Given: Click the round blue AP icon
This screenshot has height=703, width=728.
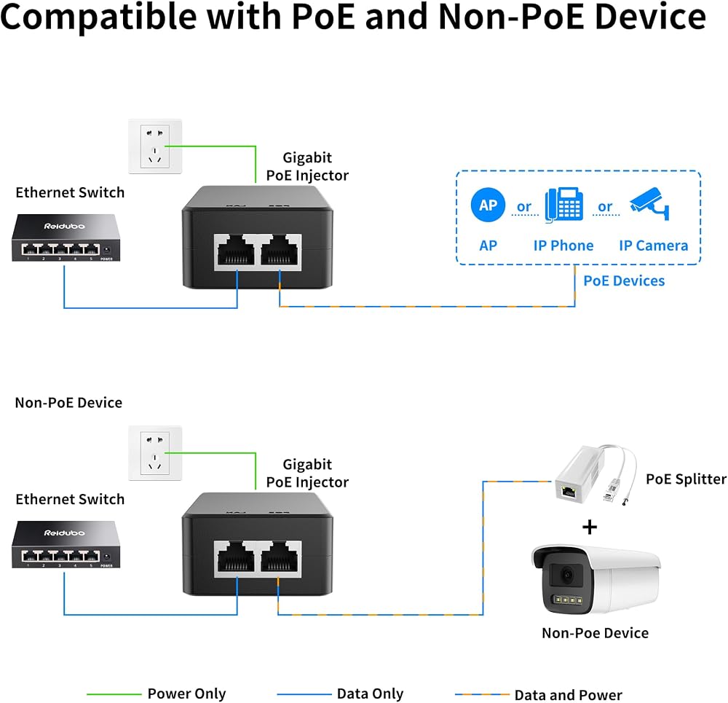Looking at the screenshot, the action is (488, 205).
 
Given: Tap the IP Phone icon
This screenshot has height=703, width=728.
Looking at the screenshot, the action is (563, 205).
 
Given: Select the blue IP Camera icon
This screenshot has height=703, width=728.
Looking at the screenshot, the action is (649, 203).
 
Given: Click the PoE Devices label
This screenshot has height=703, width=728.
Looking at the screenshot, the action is (624, 280).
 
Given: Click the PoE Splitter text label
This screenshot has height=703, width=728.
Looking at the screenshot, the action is (687, 479).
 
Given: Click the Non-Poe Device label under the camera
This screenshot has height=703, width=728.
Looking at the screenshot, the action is (596, 633).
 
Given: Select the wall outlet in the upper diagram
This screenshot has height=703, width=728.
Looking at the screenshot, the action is (155, 146).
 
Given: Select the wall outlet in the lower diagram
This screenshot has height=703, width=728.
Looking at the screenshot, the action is (155, 453).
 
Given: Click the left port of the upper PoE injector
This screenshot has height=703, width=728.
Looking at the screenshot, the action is (236, 251).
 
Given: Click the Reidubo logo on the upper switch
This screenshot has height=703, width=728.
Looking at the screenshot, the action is (65, 227).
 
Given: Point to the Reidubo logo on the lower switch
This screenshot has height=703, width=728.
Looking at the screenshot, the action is (65, 533).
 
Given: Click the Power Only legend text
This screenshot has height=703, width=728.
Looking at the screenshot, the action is (186, 694).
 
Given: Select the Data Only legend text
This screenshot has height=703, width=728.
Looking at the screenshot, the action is (370, 694).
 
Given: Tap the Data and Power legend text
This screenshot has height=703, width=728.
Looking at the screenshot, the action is (569, 695).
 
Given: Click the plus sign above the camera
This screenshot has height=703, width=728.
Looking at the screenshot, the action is (590, 527).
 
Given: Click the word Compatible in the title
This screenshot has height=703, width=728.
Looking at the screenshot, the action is (98, 17).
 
